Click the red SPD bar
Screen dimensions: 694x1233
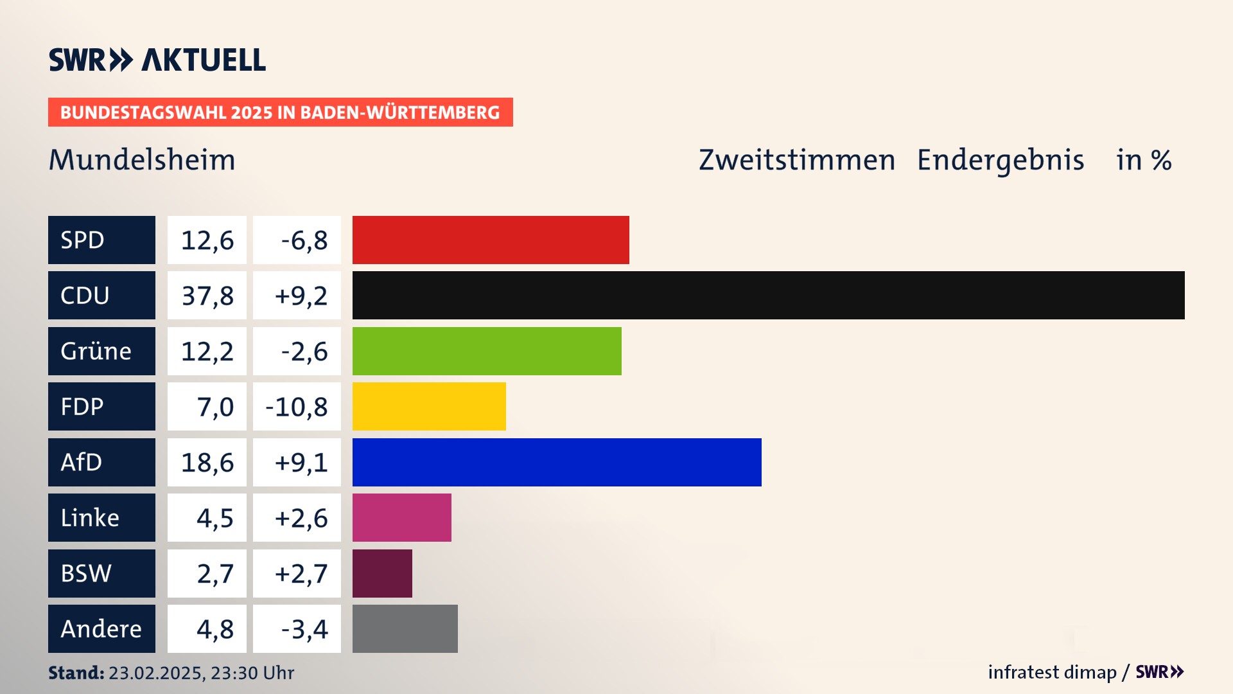491,240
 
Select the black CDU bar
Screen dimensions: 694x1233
768,296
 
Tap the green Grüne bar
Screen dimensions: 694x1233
487,351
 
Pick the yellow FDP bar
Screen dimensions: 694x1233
429,406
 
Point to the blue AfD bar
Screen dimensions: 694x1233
557,462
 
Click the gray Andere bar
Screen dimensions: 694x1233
405,628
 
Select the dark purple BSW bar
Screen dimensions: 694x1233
382,573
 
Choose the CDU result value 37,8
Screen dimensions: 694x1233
207,296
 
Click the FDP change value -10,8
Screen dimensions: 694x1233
297,406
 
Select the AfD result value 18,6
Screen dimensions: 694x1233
207,462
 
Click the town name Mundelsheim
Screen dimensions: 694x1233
142,160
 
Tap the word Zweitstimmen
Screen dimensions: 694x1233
796,160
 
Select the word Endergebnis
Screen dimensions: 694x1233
1000,160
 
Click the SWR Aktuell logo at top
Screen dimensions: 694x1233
157,60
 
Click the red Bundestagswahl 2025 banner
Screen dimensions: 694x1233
280,112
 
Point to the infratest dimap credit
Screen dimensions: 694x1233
1052,672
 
